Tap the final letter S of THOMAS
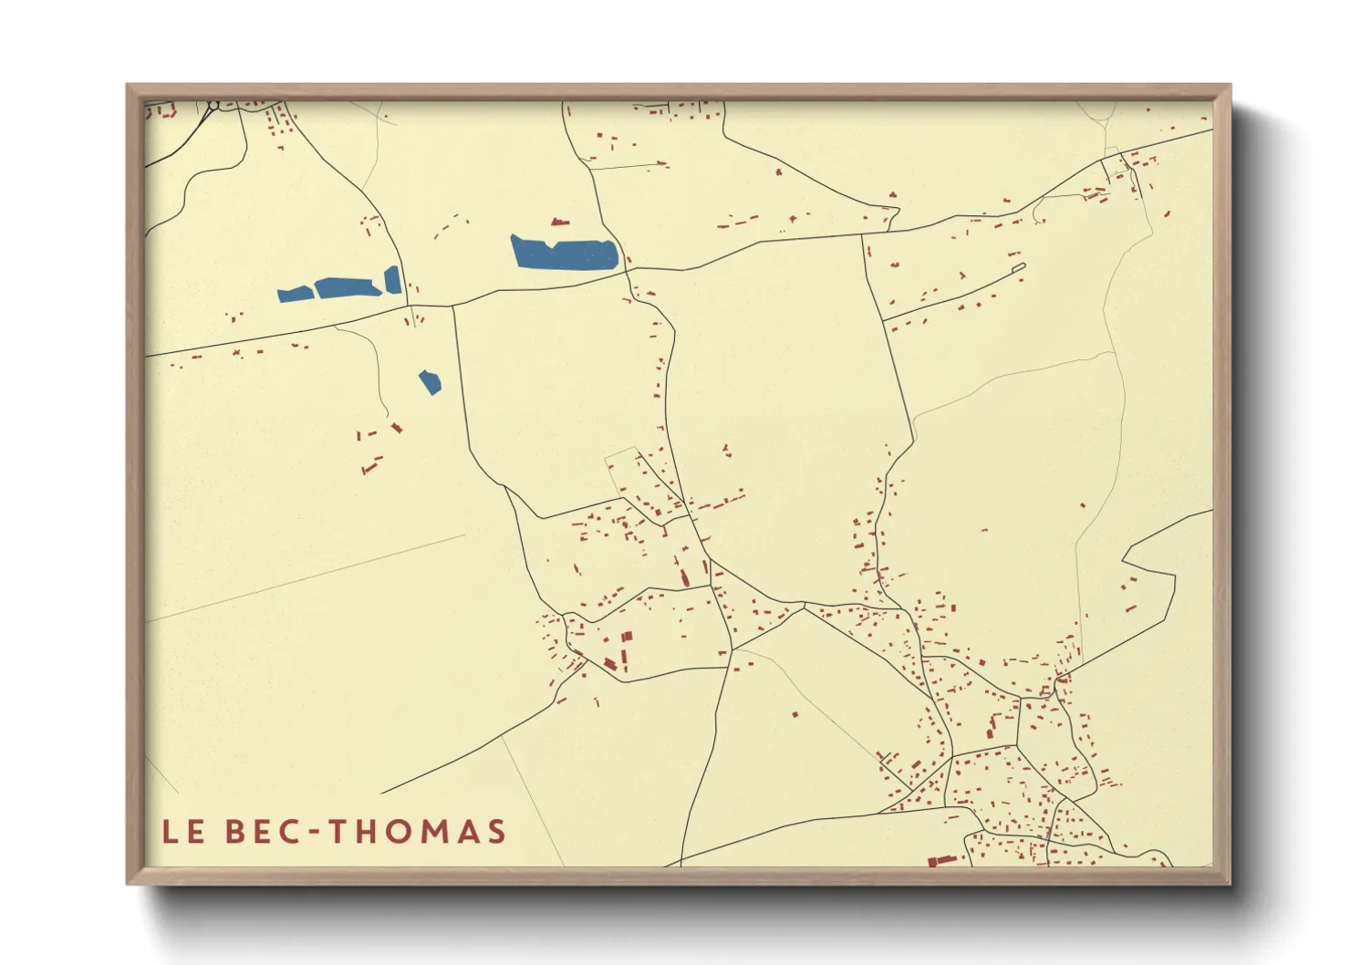click(496, 832)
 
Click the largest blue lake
click(564, 253)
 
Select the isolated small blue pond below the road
click(430, 382)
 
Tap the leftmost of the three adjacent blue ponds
click(295, 294)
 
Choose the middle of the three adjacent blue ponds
click(348, 287)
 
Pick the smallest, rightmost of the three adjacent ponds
click(393, 280)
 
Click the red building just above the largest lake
click(559, 222)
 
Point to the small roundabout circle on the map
click(213, 106)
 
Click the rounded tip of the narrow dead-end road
click(1022, 266)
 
